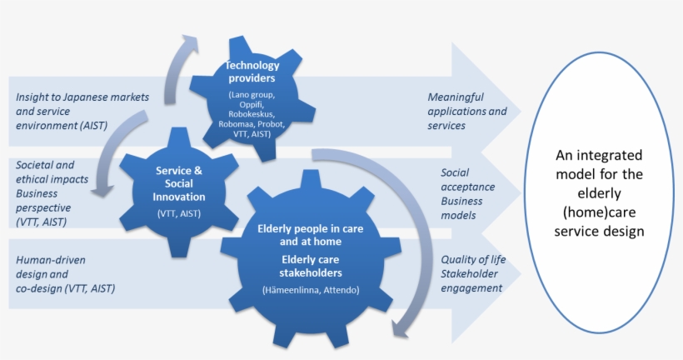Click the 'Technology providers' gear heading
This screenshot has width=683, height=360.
click(x=252, y=72)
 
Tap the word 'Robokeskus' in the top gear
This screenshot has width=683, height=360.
click(x=252, y=114)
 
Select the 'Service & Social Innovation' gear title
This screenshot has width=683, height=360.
click(x=179, y=183)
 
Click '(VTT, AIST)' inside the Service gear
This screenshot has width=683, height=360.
click(x=179, y=213)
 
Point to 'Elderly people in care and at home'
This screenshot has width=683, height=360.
click(x=311, y=235)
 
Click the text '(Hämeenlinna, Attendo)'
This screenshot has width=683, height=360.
click(x=311, y=290)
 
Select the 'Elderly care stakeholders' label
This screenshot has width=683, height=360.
click(x=311, y=267)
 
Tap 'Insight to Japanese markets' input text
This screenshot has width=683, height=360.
click(x=82, y=97)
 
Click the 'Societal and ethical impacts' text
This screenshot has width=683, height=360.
click(x=52, y=172)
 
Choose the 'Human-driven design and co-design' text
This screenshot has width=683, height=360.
click(x=65, y=274)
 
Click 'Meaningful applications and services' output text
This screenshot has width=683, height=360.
click(x=467, y=111)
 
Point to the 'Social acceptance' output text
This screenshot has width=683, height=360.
click(x=468, y=179)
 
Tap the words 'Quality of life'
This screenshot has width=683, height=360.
click(x=473, y=260)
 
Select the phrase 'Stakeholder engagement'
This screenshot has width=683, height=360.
click(x=471, y=281)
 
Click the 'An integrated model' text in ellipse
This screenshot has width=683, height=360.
click(x=599, y=165)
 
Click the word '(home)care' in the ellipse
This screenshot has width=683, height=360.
click(x=599, y=212)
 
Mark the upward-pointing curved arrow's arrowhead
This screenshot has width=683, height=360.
click(x=191, y=44)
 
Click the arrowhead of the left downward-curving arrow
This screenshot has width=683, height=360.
click(x=102, y=190)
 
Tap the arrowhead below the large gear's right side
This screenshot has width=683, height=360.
click(x=400, y=328)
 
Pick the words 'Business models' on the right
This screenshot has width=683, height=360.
click(x=461, y=208)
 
